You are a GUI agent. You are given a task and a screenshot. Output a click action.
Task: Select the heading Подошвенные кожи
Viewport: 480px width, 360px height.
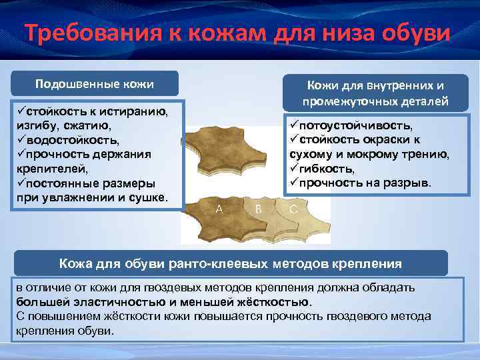coord(94,84)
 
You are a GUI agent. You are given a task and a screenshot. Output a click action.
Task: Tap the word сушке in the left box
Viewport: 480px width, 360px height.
coord(147,199)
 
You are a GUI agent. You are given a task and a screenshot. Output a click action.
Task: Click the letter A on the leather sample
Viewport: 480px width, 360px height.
coord(219,209)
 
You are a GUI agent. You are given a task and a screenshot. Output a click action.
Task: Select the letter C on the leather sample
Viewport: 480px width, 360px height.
coord(293,209)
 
